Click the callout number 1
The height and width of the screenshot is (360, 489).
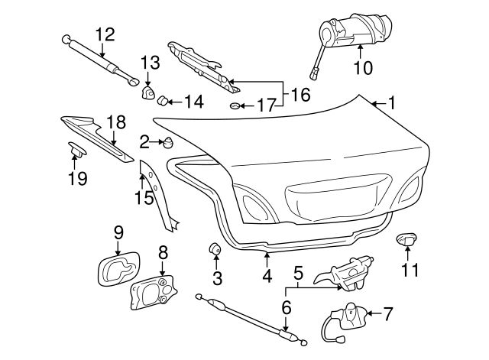[x=392, y=102]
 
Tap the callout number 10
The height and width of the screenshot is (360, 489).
[x=363, y=68]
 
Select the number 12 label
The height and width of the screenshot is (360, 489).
[x=105, y=34]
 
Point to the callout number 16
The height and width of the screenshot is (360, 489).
[x=301, y=96]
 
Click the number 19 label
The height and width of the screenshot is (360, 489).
[x=78, y=179]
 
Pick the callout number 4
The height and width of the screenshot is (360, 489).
[x=267, y=276]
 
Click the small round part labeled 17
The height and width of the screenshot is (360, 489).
[x=236, y=105]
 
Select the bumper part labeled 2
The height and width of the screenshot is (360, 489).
[x=167, y=141]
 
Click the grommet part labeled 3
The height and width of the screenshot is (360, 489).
[x=215, y=248]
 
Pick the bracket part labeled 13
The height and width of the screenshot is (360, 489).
[x=148, y=92]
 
